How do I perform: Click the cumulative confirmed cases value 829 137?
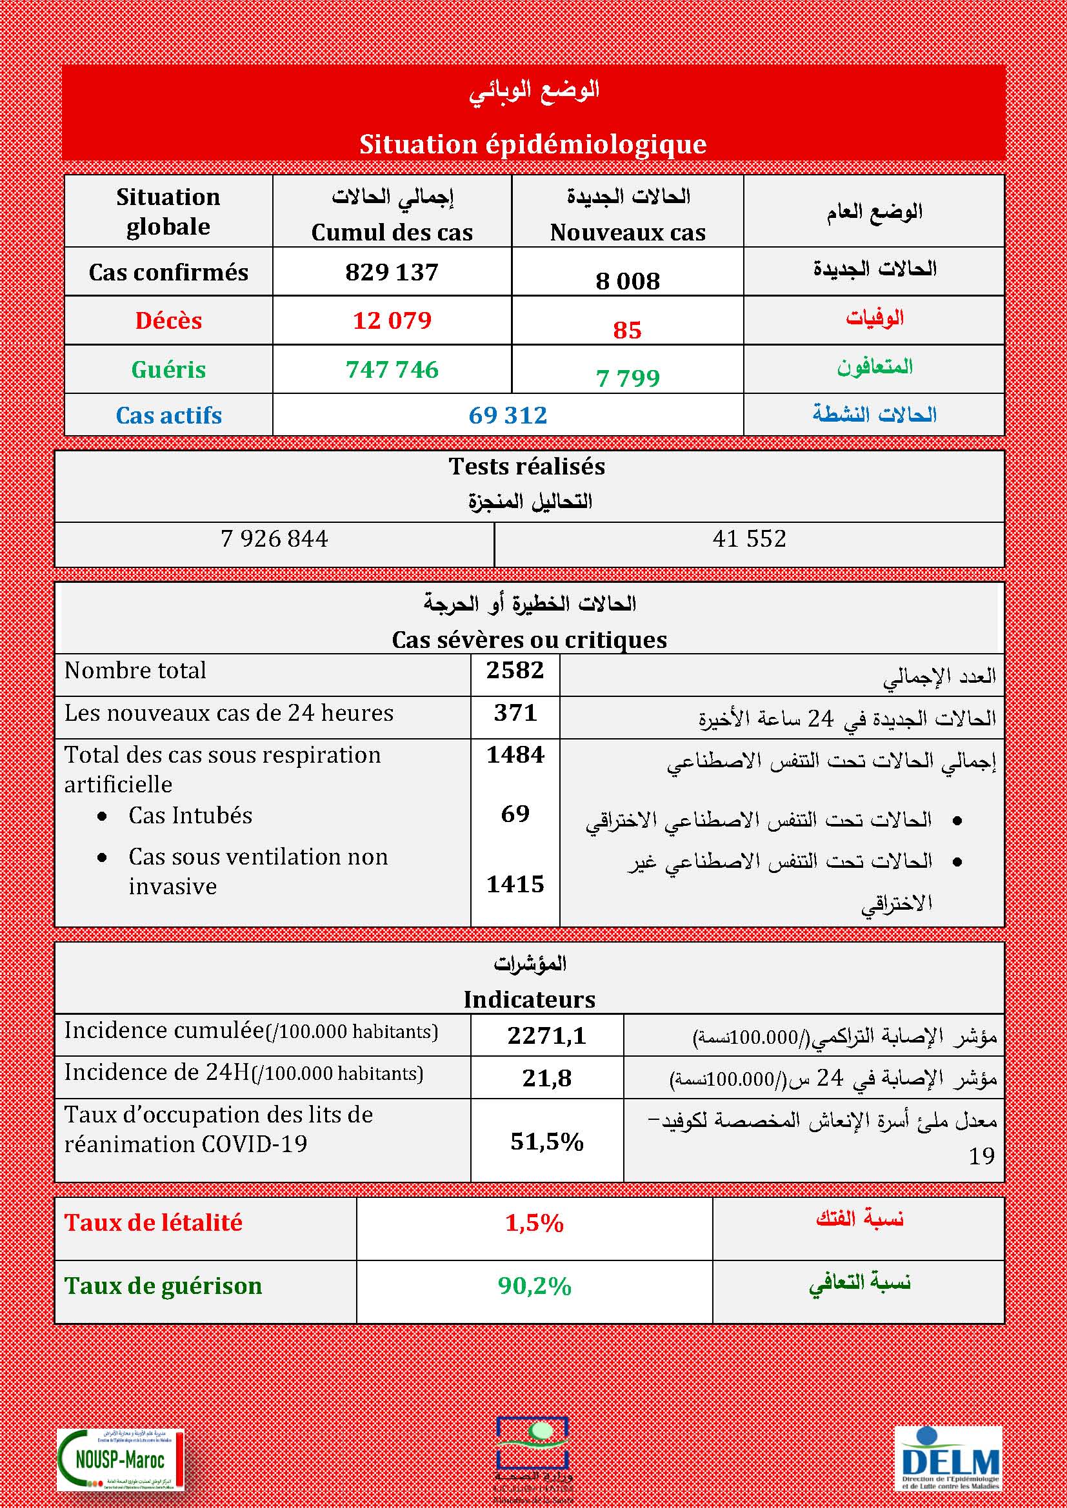392,272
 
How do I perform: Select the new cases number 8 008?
628,281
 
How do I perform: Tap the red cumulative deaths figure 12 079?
392,320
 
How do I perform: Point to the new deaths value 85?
627,329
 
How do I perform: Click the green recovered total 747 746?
392,369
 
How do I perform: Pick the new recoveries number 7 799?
628,378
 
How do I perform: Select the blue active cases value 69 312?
508,415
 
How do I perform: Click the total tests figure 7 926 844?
275,539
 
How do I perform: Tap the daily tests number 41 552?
749,539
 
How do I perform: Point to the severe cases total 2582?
515,671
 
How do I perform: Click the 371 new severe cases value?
515,713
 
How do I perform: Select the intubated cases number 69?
515,814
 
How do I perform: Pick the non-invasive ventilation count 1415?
515,884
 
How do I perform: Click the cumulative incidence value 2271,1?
546,1036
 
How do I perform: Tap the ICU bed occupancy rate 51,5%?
546,1142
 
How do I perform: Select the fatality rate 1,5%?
534,1223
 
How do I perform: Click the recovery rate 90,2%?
534,1286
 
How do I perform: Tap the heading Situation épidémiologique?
533,144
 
